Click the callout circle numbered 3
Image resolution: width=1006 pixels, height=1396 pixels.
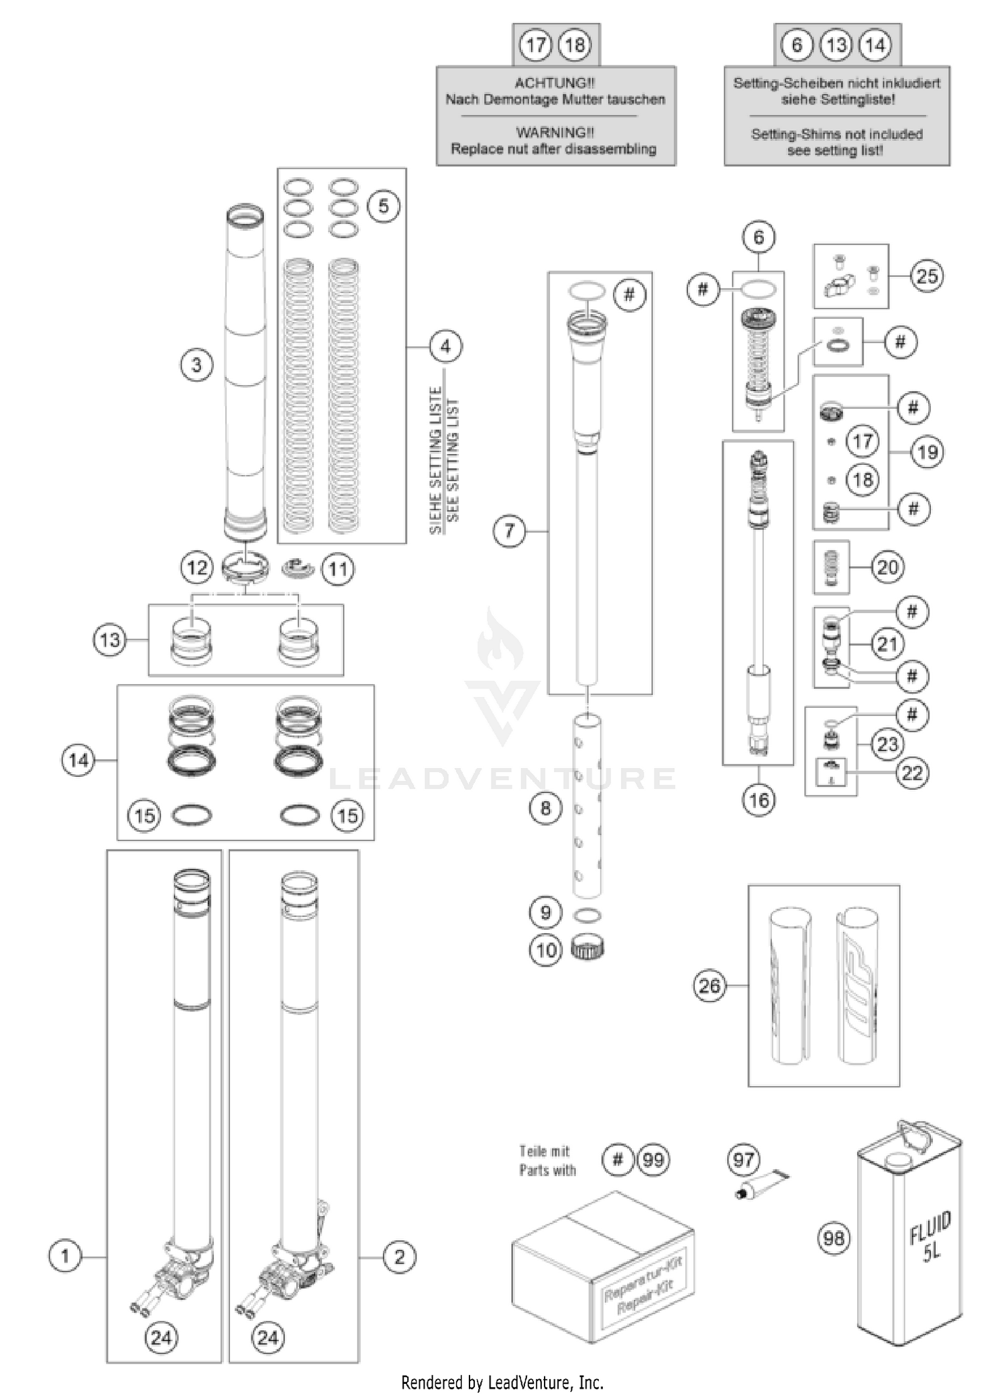tap(196, 365)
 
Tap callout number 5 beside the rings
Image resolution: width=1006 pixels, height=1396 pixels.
tap(383, 205)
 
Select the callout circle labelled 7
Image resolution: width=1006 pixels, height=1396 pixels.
tap(509, 531)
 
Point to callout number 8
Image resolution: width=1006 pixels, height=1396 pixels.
tap(545, 808)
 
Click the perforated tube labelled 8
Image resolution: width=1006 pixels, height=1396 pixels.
tap(588, 805)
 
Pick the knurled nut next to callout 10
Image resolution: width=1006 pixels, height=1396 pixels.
tap(588, 948)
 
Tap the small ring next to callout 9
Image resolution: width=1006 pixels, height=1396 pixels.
tap(588, 915)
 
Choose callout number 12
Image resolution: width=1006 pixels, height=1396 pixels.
tap(197, 568)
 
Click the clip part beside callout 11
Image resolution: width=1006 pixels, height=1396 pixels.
tap(298, 568)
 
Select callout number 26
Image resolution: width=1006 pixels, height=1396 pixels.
tap(709, 985)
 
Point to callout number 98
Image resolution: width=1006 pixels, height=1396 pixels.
tap(834, 1238)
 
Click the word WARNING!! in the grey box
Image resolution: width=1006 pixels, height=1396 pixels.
tap(555, 132)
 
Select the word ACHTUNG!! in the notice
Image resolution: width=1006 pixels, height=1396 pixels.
tap(554, 83)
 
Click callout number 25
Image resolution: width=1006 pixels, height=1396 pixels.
tap(926, 276)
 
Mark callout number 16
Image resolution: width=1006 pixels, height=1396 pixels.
tap(759, 800)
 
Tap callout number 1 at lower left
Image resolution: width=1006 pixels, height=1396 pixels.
tap(64, 1256)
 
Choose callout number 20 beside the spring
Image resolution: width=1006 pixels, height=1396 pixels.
tap(887, 567)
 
